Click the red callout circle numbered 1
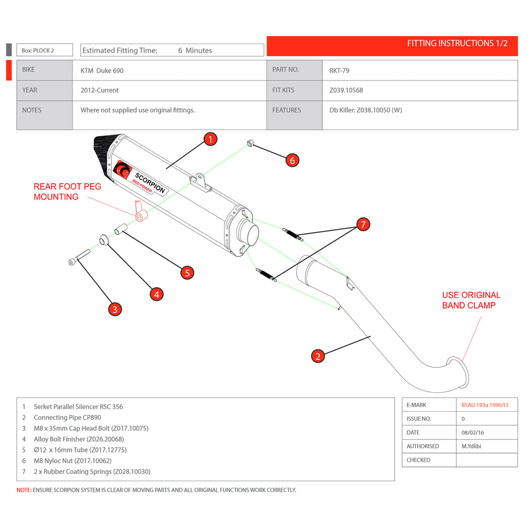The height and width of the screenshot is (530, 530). tap(210, 139)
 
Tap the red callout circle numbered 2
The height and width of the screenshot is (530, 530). tap(317, 356)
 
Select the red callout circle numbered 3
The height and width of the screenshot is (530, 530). tap(115, 310)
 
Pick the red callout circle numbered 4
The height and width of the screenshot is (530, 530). tap(156, 294)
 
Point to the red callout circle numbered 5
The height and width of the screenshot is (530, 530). tap(187, 273)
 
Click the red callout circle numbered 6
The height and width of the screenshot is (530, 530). tap(293, 160)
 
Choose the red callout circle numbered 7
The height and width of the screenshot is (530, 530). tap(363, 225)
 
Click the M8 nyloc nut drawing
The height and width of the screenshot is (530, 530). tap(250, 143)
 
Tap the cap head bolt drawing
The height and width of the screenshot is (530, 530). tap(78, 259)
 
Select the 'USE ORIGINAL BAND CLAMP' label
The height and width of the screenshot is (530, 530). tap(471, 300)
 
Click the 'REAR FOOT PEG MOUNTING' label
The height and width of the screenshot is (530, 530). tap(67, 192)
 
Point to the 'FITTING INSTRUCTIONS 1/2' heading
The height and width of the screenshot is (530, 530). tap(457, 43)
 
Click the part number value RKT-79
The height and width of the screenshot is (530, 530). tap(339, 70)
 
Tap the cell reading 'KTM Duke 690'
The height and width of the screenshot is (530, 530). tap(102, 70)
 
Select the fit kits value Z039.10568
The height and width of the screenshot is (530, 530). tap(346, 90)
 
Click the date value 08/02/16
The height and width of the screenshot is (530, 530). tap(473, 432)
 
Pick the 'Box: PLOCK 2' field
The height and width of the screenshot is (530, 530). tap(38, 51)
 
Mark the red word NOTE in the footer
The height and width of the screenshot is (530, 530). tap(24, 490)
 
